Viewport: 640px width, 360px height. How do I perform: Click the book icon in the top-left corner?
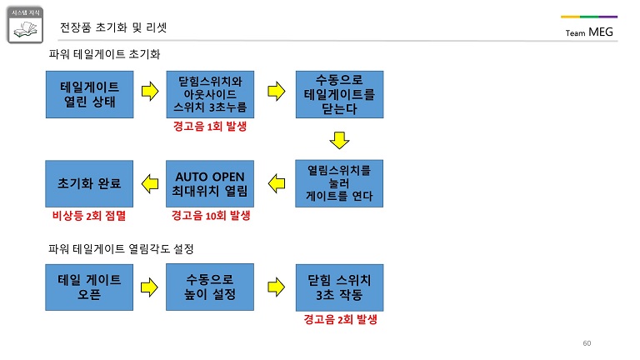[25, 25]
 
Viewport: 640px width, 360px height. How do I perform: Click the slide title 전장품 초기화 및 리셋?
[113, 27]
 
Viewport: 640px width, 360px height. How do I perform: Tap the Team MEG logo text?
[589, 32]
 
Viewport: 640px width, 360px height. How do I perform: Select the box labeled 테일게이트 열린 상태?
[89, 94]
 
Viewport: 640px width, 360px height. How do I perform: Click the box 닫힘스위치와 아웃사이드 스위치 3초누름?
[210, 94]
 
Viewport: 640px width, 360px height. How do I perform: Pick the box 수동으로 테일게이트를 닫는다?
[340, 94]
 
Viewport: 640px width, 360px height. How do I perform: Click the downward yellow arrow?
[340, 140]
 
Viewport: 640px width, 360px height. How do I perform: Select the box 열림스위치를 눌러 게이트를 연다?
[339, 183]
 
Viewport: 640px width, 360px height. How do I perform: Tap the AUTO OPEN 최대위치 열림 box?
[210, 183]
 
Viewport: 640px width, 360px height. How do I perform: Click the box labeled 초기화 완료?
[89, 183]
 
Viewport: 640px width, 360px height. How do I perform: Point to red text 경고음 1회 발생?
[210, 126]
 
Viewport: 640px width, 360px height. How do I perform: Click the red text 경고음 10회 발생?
[211, 216]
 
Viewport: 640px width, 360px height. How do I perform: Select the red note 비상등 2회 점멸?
[89, 216]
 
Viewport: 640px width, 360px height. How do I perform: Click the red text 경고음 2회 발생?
[340, 319]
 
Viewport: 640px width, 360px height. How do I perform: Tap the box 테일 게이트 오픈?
[89, 287]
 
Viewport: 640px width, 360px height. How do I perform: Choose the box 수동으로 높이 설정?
[210, 287]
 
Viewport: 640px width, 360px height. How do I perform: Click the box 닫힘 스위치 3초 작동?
[340, 287]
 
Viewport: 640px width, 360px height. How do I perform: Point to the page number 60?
[587, 343]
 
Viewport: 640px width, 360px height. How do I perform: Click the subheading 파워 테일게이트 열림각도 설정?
[121, 248]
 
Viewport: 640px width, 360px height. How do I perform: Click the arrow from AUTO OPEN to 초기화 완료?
[150, 183]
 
